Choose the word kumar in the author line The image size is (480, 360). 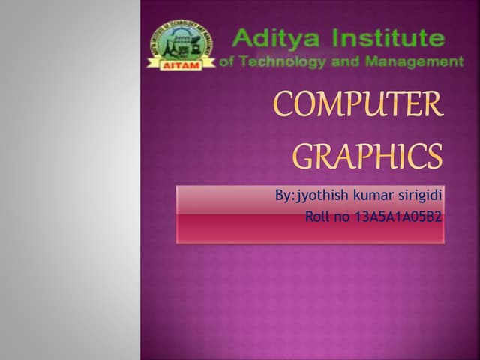[x=365, y=196]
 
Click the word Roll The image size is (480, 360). [x=318, y=217]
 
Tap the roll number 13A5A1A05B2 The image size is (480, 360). [x=397, y=217]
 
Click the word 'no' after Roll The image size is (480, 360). [x=342, y=217]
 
